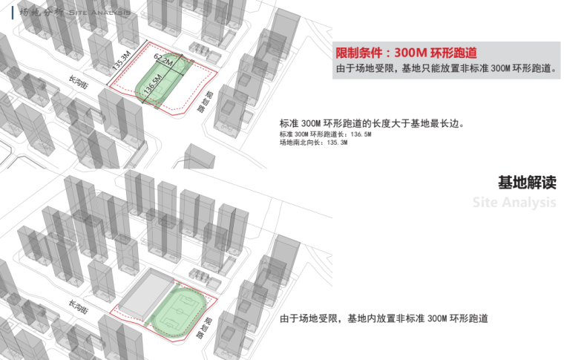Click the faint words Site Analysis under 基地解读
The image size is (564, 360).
pos(514,203)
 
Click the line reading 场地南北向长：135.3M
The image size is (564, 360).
pos(313,143)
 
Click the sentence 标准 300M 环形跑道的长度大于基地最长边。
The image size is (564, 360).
pos(372,123)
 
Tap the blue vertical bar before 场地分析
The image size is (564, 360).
pos(13,13)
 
